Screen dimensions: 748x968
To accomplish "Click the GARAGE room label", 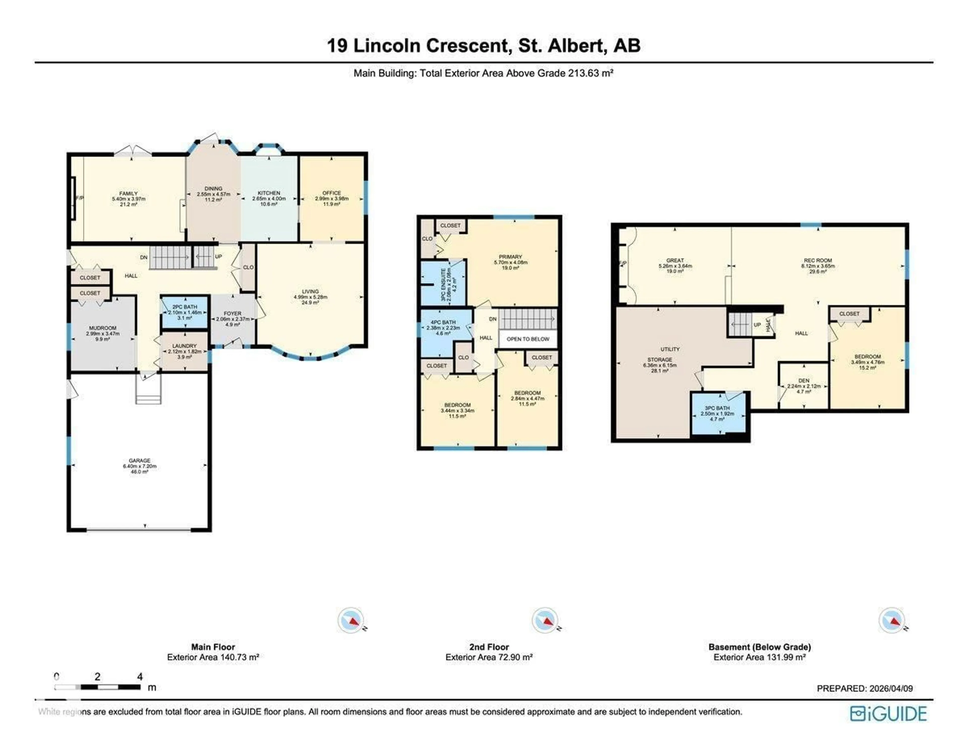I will coord(140,461).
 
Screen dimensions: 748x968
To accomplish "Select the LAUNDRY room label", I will coord(184,346).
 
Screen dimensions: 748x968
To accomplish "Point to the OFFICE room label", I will coord(331,193).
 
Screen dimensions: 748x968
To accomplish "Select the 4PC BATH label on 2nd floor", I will coord(443,322).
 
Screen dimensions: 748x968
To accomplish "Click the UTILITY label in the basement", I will coord(670,349).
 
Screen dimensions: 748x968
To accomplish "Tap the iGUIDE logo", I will coord(888,713).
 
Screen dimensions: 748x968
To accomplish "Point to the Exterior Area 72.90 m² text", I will coord(489,657).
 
